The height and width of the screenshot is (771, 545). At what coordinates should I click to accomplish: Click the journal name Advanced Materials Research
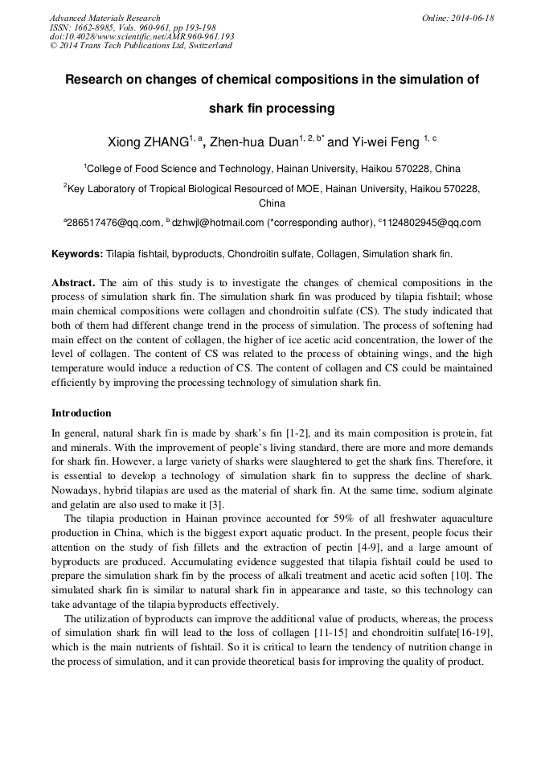(x=104, y=18)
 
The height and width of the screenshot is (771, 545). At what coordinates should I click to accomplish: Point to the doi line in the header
(x=141, y=37)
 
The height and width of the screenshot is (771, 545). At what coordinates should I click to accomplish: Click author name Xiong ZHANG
(x=148, y=142)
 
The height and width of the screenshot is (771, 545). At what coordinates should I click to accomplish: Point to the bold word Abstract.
(x=73, y=283)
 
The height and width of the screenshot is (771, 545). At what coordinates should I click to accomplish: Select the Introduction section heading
(x=81, y=413)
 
